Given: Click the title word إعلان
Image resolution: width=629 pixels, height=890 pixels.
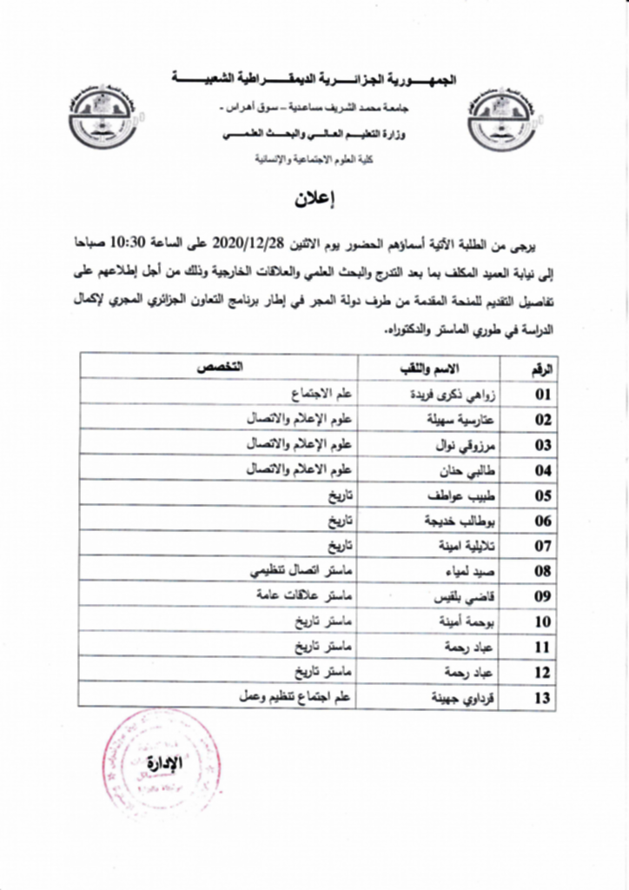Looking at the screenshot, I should (314, 198).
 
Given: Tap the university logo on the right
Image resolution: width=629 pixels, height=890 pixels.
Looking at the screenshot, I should (501, 119).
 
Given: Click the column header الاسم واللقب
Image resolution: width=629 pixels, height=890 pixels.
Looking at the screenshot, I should (434, 368).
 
